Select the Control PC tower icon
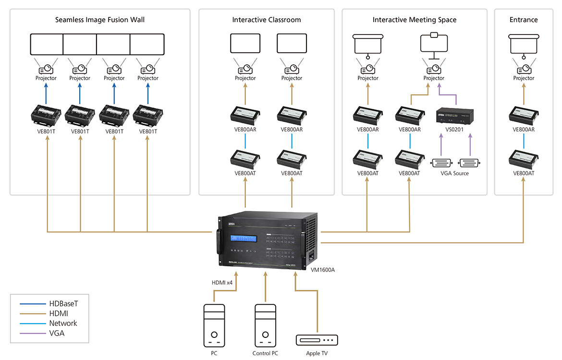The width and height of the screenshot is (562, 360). tap(265, 324)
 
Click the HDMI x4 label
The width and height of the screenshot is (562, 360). tap(222, 283)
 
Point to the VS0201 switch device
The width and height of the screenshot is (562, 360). tap(454, 116)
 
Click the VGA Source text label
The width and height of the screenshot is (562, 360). tap(454, 173)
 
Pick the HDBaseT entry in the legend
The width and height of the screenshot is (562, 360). tap(63, 303)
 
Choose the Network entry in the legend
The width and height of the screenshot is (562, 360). tap(63, 323)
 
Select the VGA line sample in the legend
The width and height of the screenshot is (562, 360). tap(32, 333)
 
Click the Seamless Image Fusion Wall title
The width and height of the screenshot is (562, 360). tap(99, 20)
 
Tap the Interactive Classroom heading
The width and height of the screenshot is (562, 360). tap(266, 20)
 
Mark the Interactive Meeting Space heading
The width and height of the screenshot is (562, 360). tap(414, 20)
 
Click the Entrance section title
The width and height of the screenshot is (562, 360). tap(524, 20)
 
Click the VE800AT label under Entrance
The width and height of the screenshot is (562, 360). tap(524, 173)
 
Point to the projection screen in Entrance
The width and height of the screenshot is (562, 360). tap(524, 44)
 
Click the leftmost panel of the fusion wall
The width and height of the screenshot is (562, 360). tap(47, 44)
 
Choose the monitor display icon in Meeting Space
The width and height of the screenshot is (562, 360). tap(434, 43)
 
